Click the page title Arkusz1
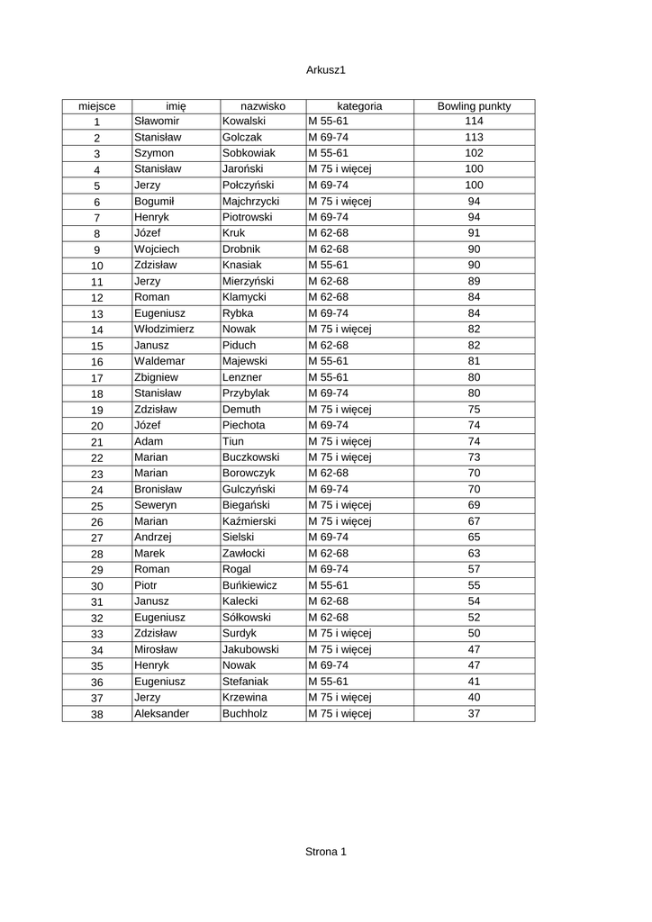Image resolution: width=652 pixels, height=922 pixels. tap(326, 69)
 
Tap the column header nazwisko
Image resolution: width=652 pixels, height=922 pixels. tap(262, 106)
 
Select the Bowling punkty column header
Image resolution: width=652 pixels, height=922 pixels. tap(474, 106)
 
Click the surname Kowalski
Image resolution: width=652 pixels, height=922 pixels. tap(244, 121)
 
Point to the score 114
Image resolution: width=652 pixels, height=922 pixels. tap(474, 121)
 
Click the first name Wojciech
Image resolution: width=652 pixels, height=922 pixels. tap(157, 249)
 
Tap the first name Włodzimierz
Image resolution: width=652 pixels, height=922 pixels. tap(164, 329)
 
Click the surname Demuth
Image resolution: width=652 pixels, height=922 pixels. tap(241, 409)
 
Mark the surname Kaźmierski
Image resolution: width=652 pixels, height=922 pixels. tap(249, 521)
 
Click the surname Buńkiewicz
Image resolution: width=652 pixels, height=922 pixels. tap(249, 585)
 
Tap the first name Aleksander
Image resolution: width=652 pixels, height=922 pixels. tap(161, 713)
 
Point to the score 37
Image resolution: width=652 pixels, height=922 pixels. tap(474, 713)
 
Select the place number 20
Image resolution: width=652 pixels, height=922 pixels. tap(97, 426)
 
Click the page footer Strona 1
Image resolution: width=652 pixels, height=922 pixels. tap(326, 851)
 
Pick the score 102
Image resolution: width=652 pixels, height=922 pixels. tap(474, 153)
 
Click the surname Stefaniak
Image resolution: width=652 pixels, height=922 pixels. tap(245, 682)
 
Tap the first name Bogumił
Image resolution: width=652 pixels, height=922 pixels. tap(155, 201)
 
